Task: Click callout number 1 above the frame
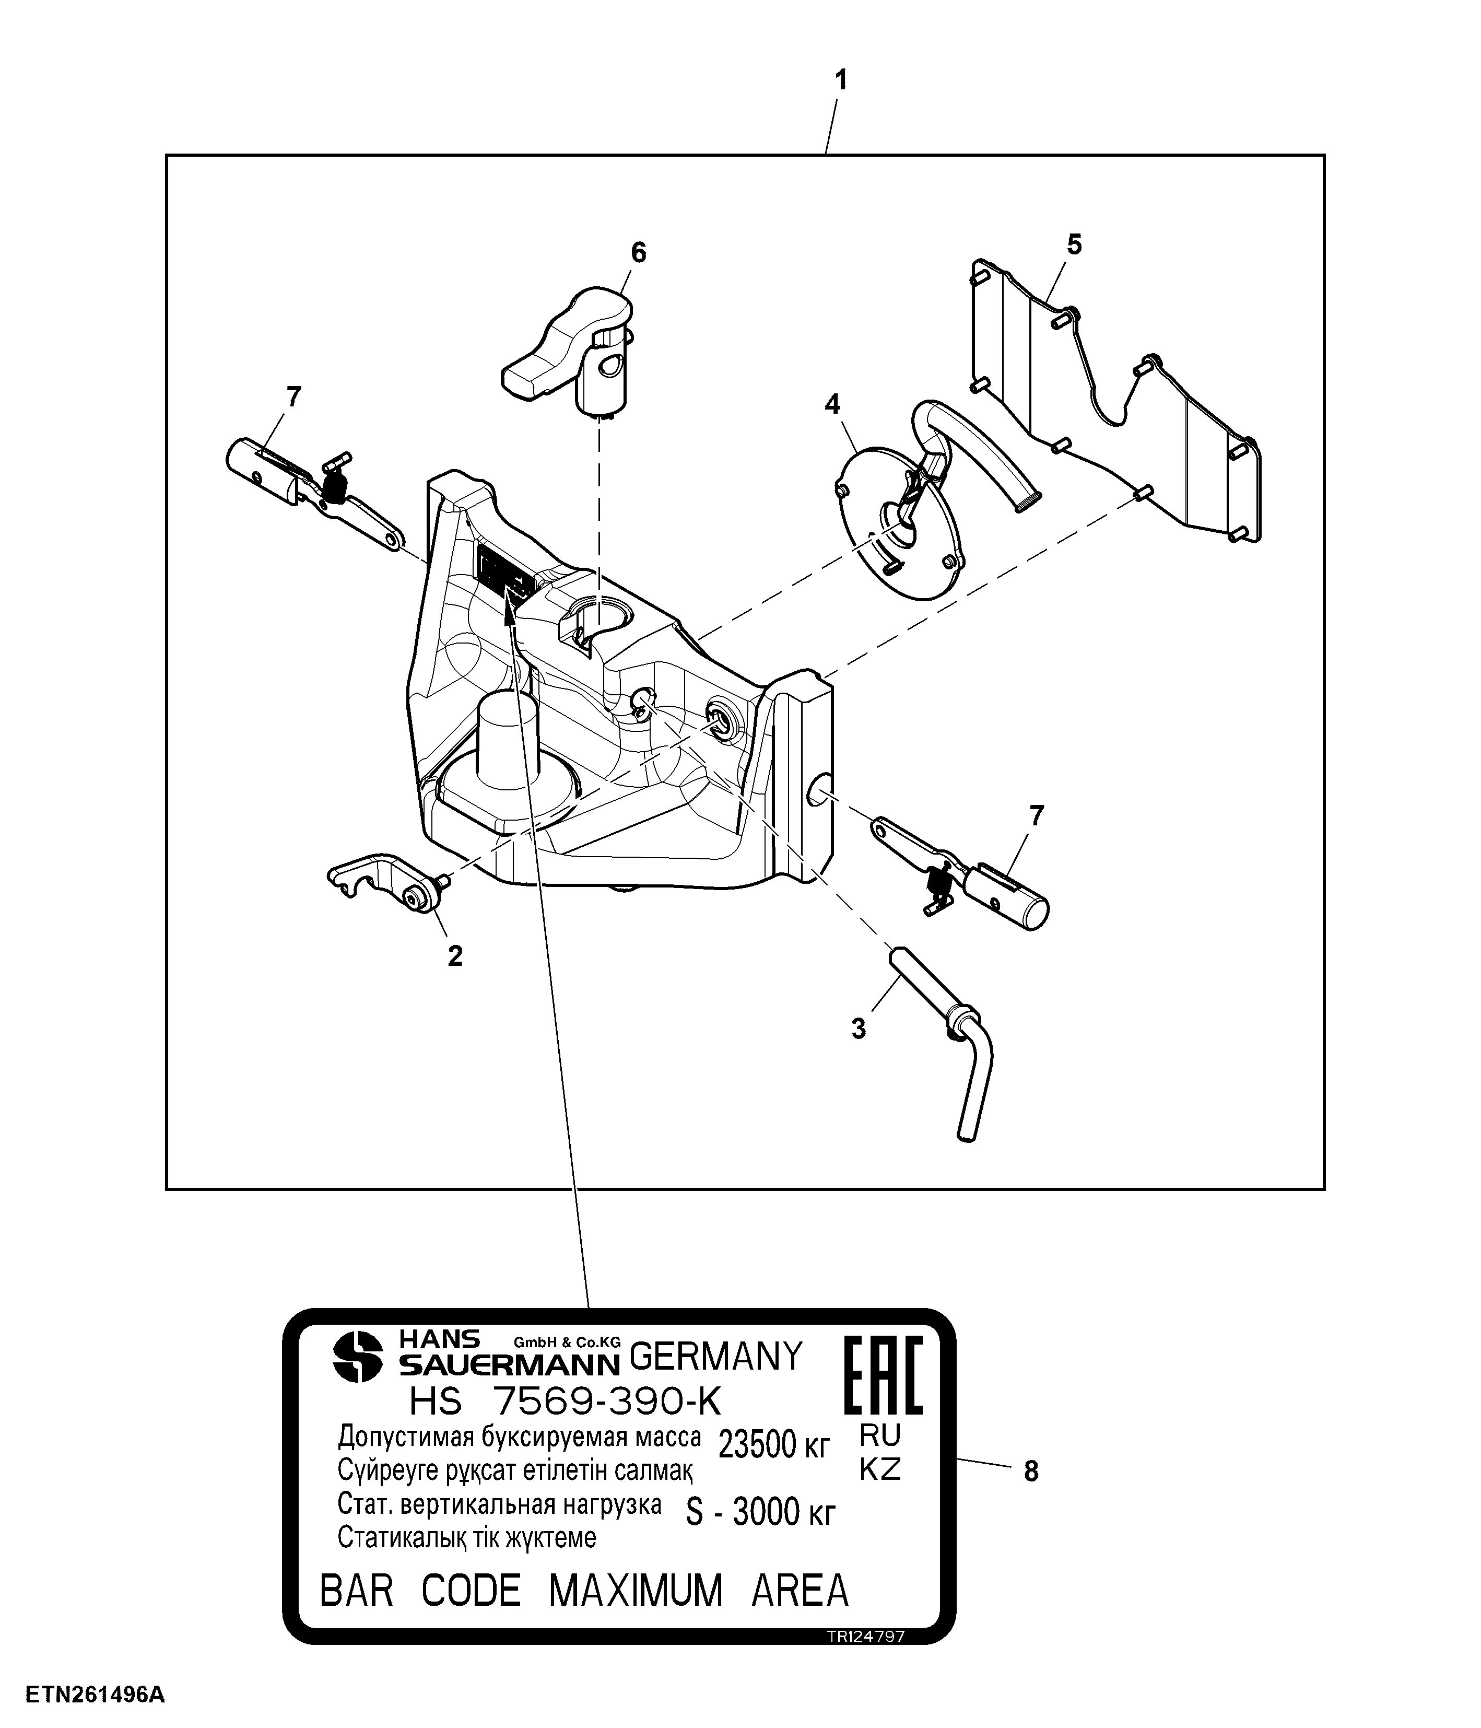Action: click(841, 81)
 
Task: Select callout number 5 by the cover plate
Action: click(1074, 244)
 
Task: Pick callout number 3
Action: click(858, 1029)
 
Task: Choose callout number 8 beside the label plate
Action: click(1031, 1472)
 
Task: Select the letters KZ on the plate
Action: click(880, 1468)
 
